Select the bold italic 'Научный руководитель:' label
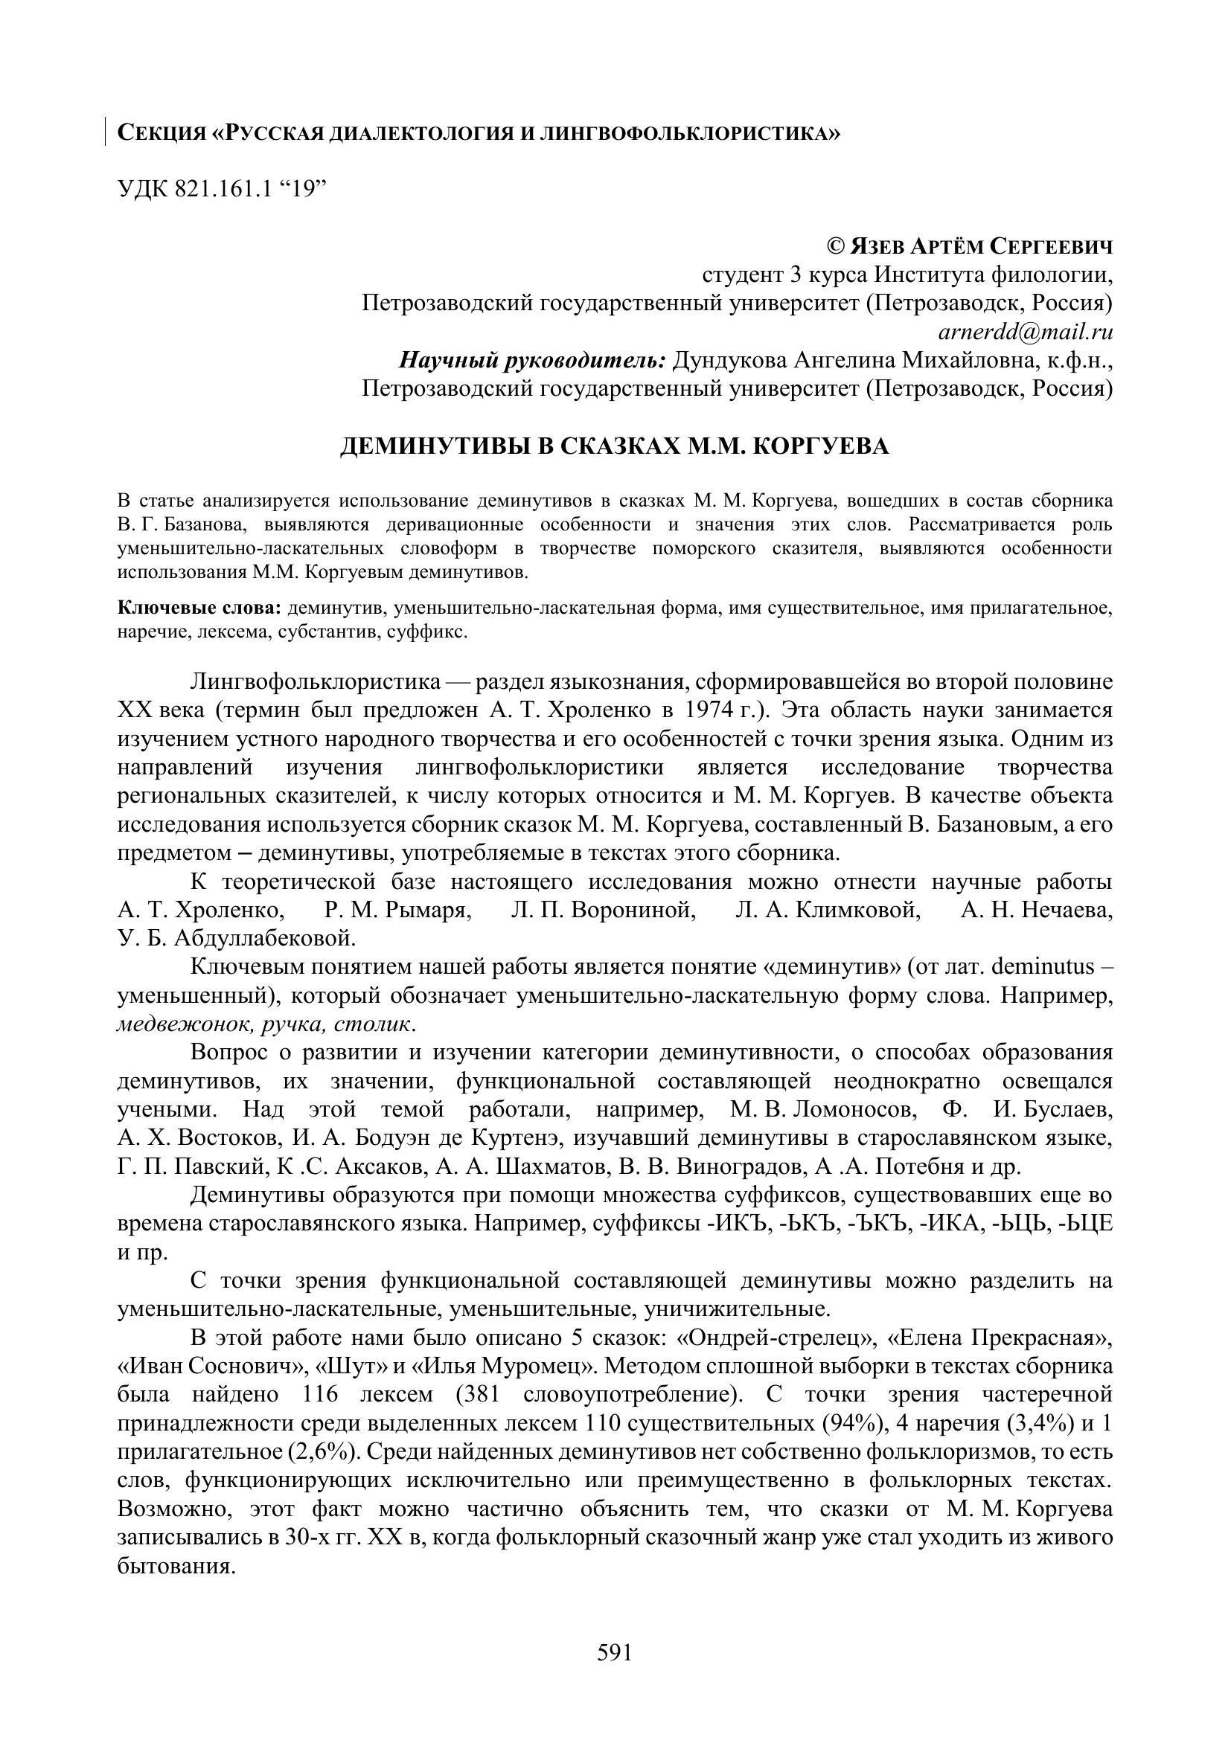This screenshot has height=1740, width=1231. click(x=532, y=360)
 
